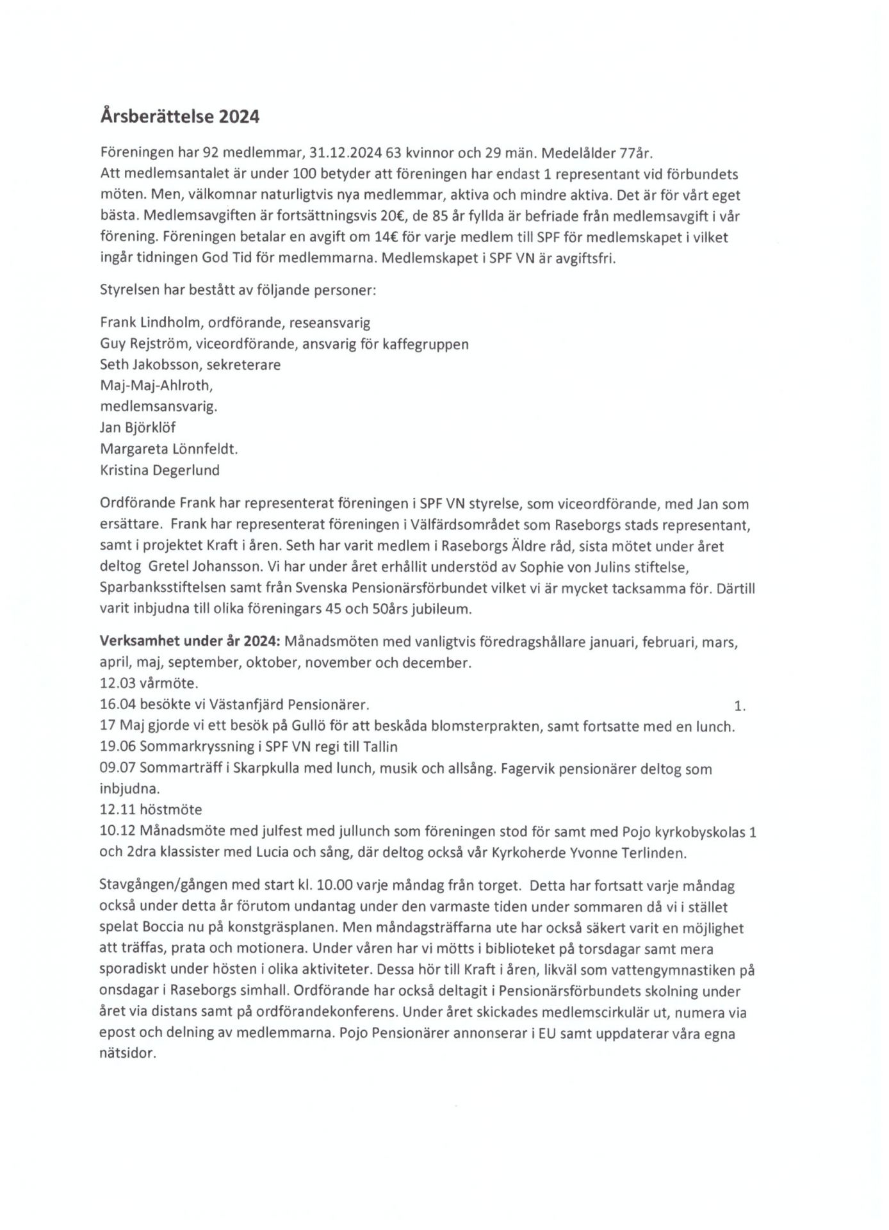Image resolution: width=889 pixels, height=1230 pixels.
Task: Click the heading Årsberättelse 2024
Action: [x=180, y=117]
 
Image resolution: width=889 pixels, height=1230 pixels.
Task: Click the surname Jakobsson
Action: [x=164, y=365]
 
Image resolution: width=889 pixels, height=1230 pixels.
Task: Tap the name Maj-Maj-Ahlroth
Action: [x=156, y=386]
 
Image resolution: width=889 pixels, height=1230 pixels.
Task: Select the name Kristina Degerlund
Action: [x=159, y=470]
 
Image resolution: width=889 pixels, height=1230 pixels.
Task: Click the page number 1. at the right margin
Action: [x=740, y=707]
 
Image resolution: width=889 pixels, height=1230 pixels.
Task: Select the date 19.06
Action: [x=117, y=747]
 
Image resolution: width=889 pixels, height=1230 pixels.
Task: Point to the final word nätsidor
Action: [x=128, y=1054]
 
